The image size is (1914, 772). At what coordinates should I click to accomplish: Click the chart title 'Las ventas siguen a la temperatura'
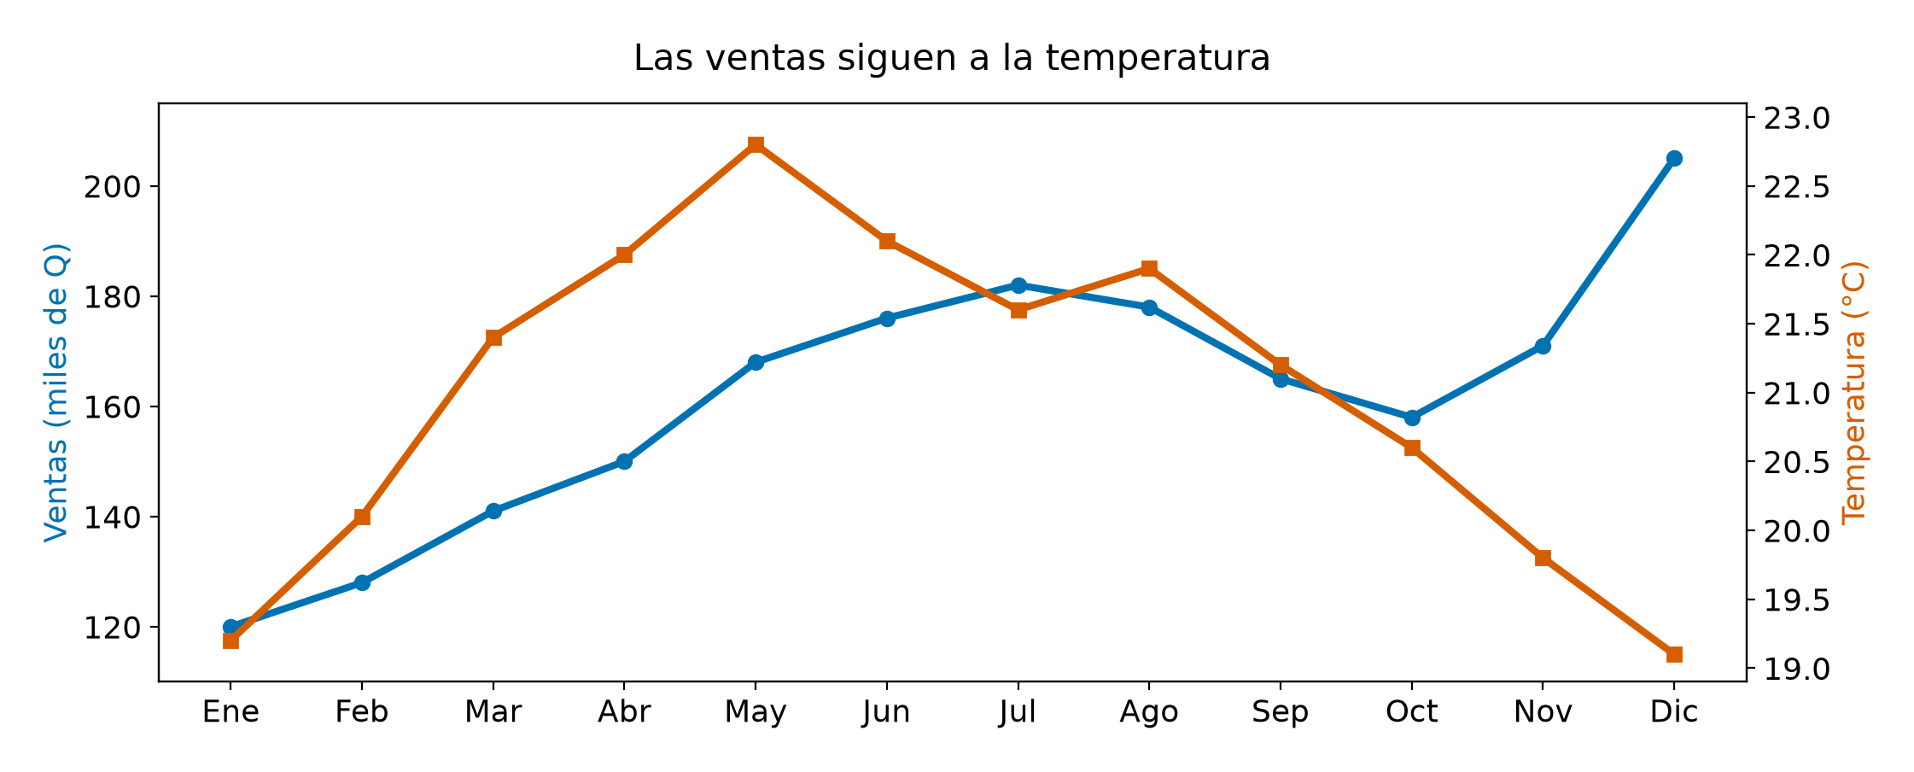[x=952, y=58]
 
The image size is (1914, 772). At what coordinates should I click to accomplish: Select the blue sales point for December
[x=1674, y=158]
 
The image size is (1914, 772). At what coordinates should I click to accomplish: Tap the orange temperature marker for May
[x=756, y=144]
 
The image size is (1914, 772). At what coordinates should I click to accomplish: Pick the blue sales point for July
[x=1018, y=285]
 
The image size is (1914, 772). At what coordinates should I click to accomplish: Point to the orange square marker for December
[x=1674, y=655]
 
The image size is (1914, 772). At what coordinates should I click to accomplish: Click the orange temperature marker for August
[x=1149, y=269]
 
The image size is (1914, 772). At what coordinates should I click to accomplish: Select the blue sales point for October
[x=1412, y=418]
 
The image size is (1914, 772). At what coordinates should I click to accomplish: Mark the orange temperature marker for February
[x=362, y=517]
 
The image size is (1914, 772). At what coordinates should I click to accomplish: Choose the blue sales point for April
[x=624, y=461]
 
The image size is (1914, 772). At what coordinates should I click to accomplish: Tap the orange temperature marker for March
[x=493, y=338]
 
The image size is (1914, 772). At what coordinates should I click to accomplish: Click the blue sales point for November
[x=1543, y=346]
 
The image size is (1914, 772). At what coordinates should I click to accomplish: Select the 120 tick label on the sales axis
[x=111, y=628]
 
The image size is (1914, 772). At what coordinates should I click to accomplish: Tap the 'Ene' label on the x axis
[x=230, y=712]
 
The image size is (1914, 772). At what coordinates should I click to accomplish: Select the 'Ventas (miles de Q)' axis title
[x=56, y=393]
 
